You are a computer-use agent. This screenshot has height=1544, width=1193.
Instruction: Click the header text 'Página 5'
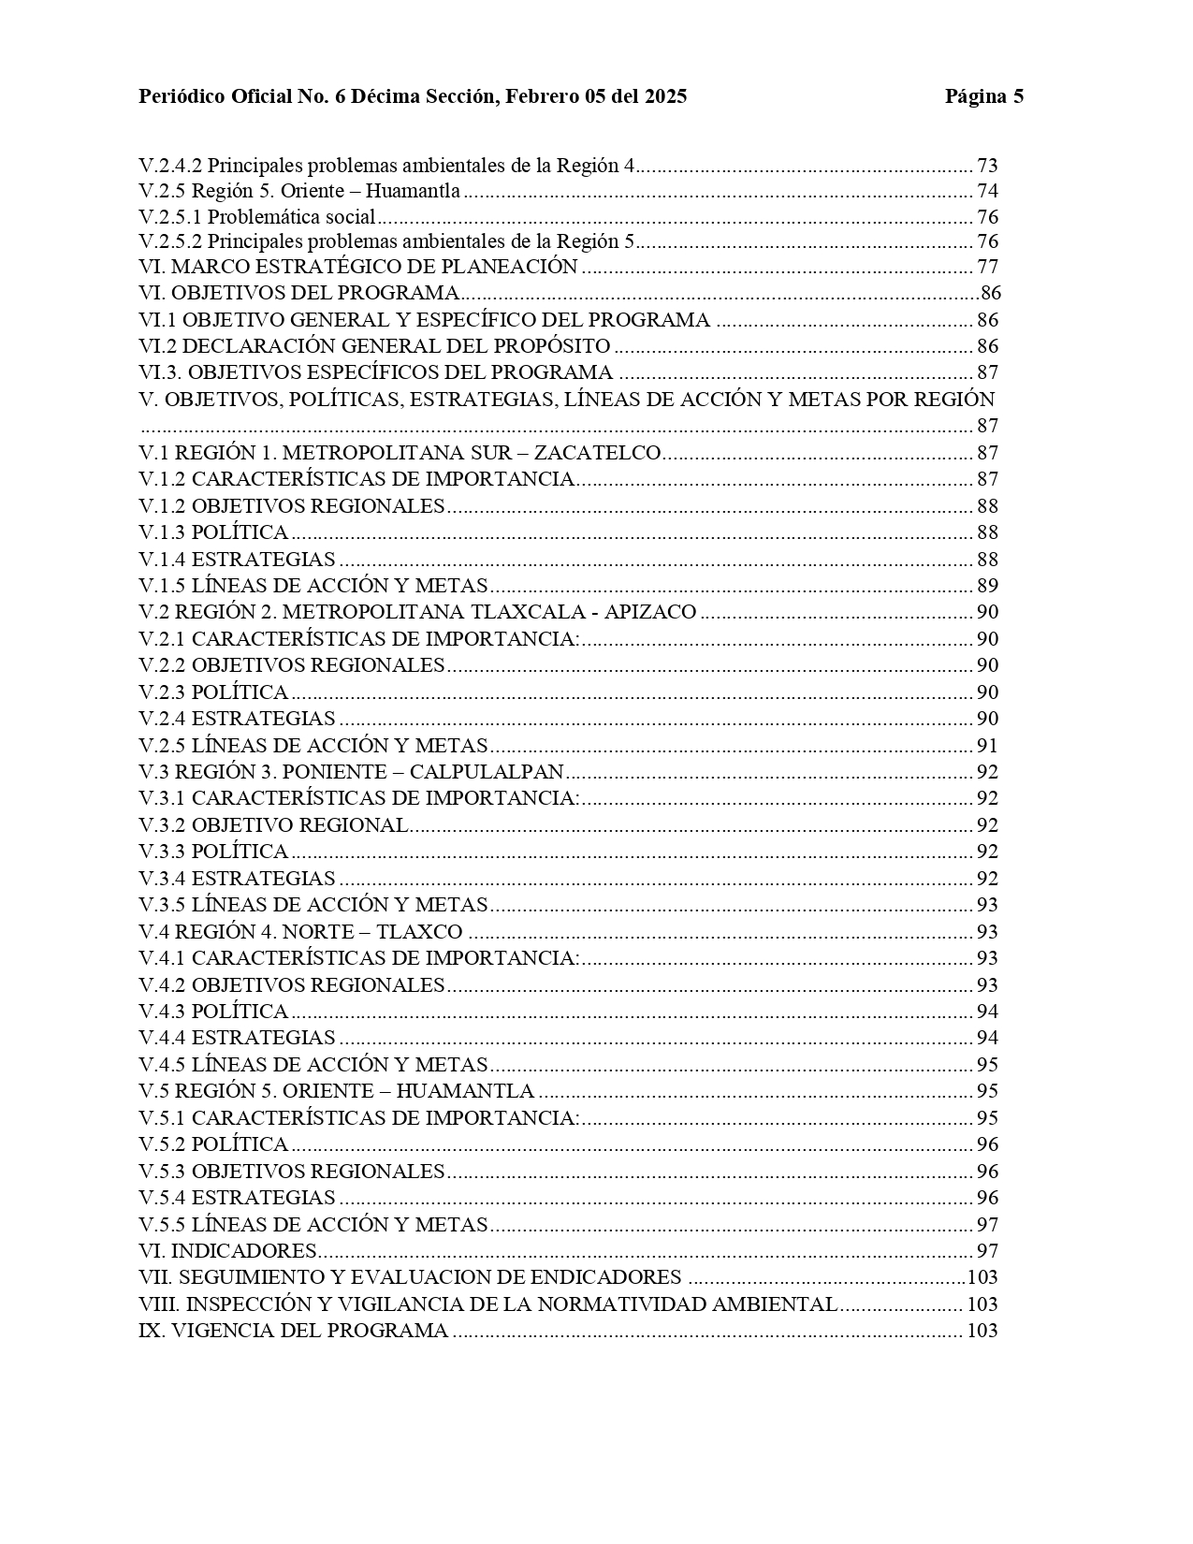983,96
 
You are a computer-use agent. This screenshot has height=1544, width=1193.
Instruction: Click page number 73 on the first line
987,166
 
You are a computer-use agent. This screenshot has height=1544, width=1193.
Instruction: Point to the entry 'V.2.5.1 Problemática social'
257,218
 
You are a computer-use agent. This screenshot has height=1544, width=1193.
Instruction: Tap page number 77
987,267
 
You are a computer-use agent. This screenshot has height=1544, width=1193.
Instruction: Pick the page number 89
987,586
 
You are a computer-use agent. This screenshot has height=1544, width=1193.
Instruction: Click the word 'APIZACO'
653,612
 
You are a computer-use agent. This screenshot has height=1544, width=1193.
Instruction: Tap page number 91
987,746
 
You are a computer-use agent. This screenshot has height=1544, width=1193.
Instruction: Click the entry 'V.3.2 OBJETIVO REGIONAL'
273,825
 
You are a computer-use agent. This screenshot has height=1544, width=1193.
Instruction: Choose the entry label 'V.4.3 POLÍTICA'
213,1012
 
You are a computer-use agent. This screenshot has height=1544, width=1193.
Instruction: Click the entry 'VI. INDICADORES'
228,1251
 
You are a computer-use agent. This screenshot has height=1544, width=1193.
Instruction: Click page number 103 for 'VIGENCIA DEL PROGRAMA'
982,1331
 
